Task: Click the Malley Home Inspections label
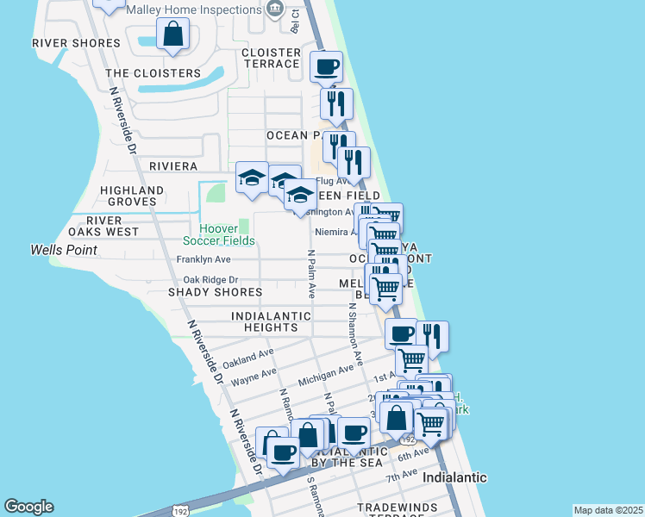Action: [193, 9]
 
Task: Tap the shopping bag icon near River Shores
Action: [172, 35]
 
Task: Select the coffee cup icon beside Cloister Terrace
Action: [326, 66]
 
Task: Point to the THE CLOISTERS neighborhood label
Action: [153, 73]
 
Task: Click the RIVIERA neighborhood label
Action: [173, 165]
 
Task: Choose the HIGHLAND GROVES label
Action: [132, 196]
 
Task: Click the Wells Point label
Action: [63, 250]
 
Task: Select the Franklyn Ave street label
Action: [204, 259]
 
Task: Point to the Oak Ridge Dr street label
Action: [210, 280]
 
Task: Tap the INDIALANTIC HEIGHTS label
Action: [271, 321]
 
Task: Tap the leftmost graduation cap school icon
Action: [251, 178]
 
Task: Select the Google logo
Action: [28, 507]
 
